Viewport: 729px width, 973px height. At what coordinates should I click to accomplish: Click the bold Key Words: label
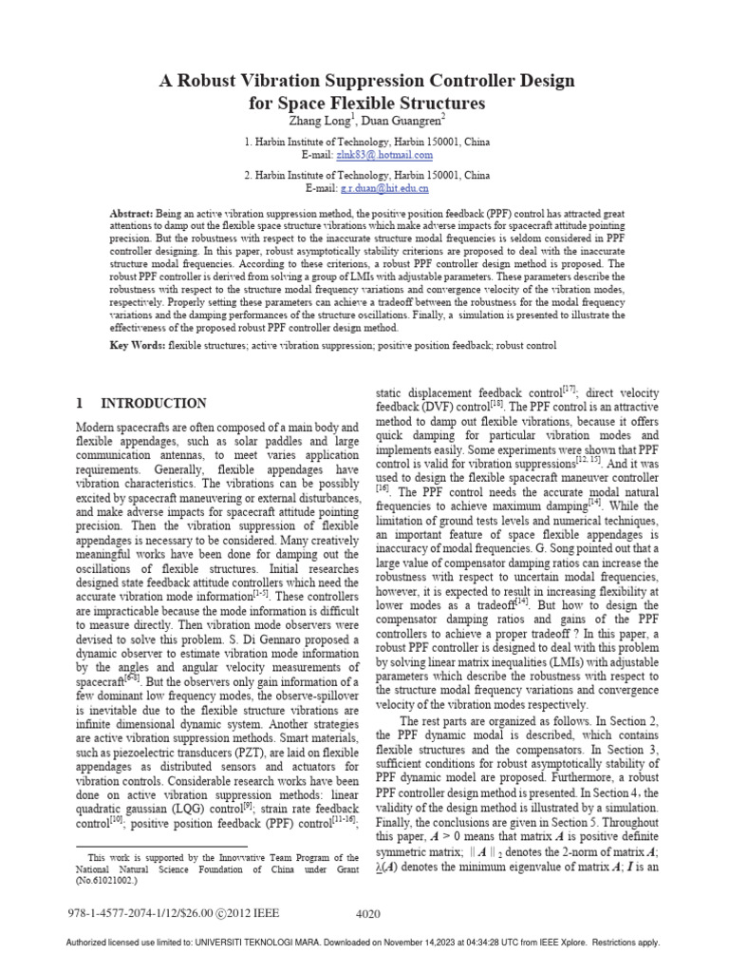tap(139, 346)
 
